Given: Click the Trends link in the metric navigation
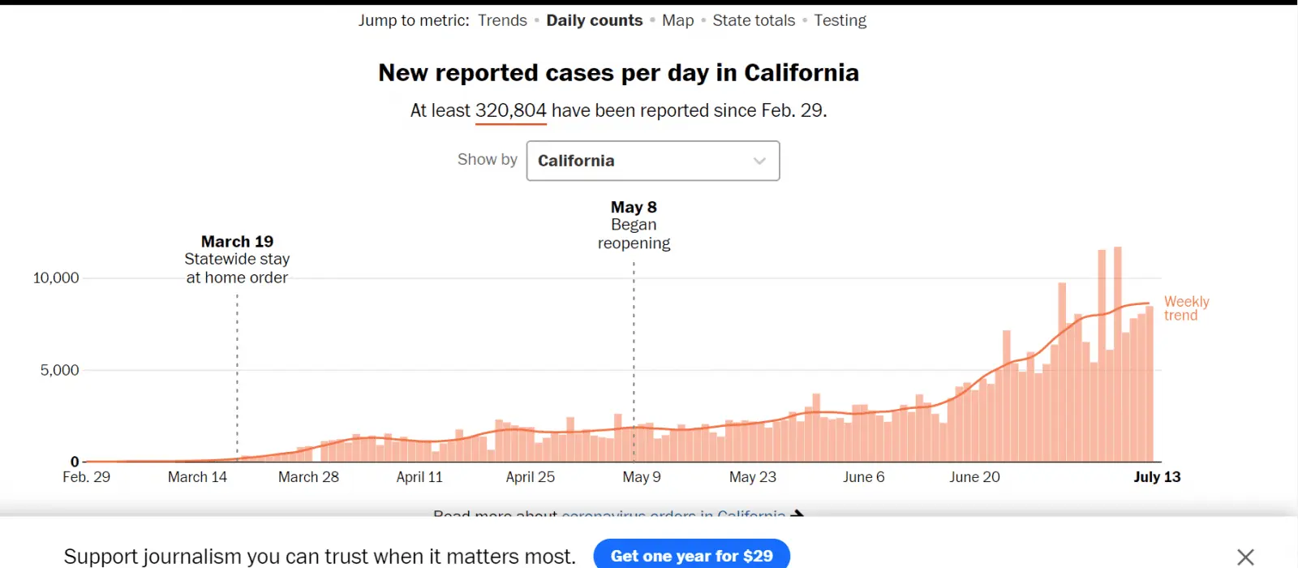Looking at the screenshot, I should [x=502, y=20].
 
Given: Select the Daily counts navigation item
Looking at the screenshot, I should [x=594, y=20].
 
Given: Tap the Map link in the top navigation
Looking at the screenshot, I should [x=677, y=20].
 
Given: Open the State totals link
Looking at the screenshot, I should [x=754, y=20].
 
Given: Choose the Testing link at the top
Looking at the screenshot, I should [x=840, y=20].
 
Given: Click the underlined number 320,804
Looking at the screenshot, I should [x=510, y=110].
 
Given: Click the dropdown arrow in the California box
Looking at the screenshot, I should [x=759, y=161].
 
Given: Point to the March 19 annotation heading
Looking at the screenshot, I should [x=237, y=241].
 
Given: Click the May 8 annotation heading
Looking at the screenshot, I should [x=634, y=207].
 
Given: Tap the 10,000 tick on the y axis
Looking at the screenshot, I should [x=56, y=278].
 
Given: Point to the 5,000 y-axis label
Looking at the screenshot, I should [x=59, y=370].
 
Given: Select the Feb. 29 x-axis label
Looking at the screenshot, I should [x=86, y=477].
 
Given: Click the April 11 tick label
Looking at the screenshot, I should [x=419, y=477].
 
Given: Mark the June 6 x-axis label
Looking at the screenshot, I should [x=863, y=477].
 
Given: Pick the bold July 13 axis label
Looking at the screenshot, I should [x=1157, y=477].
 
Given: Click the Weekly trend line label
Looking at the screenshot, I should [x=1186, y=308].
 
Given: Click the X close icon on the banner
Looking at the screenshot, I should [x=1245, y=557].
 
